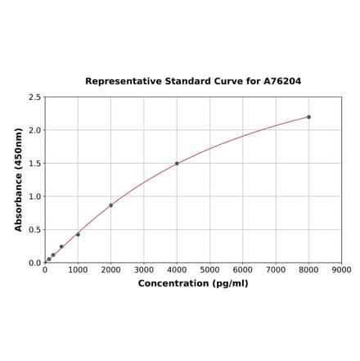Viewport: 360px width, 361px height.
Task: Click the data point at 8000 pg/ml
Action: coord(308,117)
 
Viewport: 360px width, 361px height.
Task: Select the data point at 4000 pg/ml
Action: coord(177,164)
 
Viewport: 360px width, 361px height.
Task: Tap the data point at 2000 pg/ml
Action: coord(110,205)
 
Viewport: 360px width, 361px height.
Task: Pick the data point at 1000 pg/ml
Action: coord(78,235)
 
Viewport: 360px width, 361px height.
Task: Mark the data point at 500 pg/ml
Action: coord(61,247)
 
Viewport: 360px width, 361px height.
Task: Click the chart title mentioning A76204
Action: coord(193,82)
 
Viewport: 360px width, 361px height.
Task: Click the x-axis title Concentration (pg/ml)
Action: coord(193,284)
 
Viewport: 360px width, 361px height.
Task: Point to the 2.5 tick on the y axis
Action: coord(35,97)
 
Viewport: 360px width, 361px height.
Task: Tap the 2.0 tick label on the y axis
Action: coord(35,131)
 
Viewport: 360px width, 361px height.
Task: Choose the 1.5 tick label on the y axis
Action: coord(35,164)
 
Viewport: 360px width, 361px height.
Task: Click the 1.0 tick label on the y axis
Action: coord(35,197)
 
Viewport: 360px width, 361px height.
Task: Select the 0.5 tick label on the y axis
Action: coord(35,230)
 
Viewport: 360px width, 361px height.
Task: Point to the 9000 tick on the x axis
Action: coord(342,270)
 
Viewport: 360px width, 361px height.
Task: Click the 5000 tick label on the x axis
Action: coord(209,270)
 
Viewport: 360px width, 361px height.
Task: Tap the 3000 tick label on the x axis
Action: coord(144,270)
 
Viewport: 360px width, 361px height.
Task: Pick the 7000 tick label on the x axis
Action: coord(276,270)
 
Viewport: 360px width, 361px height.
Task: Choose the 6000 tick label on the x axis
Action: coord(243,270)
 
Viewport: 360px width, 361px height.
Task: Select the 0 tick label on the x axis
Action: coord(45,270)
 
